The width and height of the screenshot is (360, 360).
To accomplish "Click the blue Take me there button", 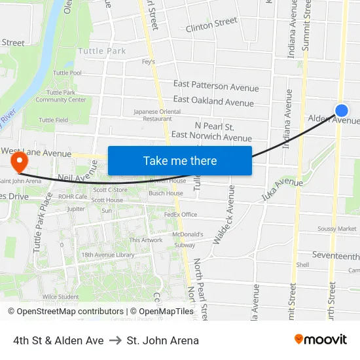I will pos(180,160).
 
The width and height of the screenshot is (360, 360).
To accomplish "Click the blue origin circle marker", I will pos(341,111).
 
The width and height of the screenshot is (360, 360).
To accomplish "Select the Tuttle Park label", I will pos(101,50).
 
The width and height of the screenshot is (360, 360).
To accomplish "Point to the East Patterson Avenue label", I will pos(216,86).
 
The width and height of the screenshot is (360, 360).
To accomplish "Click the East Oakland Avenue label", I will pos(213,101).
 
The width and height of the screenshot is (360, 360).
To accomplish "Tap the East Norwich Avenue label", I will pos(211,137).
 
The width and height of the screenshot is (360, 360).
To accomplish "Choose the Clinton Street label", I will pos(211,25).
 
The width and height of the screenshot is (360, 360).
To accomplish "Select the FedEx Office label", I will pos(181,214).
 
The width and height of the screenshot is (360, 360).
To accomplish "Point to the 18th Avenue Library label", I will pos(108,255).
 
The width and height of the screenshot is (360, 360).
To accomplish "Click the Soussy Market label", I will pos(337,228).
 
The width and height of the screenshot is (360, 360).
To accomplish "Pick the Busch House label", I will pos(166,193).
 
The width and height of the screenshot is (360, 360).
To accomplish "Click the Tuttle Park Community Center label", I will pos(70,96).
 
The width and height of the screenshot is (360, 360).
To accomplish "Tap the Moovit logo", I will pos(321,339).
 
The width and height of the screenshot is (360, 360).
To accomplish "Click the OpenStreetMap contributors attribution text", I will pos(66,312).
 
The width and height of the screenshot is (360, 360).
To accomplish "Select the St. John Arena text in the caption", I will pos(163,340).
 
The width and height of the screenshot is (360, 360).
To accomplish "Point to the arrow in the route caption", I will pos(115,340).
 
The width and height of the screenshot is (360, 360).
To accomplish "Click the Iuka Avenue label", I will pos(282,189).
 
